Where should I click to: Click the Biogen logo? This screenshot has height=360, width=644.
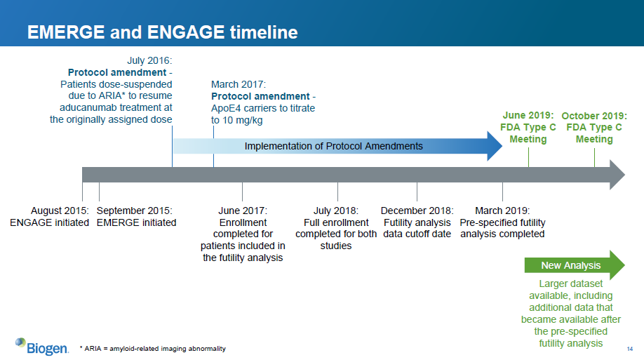click(x=42, y=347)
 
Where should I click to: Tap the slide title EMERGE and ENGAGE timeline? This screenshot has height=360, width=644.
click(x=163, y=32)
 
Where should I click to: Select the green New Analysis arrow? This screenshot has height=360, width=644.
click(x=575, y=265)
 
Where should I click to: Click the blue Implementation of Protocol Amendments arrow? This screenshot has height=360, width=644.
click(x=337, y=146)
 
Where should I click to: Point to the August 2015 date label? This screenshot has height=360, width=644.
click(x=60, y=211)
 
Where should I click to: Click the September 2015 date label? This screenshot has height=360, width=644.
click(x=135, y=211)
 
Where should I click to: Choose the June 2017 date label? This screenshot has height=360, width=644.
click(x=243, y=211)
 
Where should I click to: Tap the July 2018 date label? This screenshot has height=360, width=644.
click(x=336, y=211)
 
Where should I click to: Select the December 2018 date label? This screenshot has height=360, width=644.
click(x=417, y=211)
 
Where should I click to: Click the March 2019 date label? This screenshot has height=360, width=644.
click(x=502, y=211)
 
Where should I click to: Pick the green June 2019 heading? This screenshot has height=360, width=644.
click(x=528, y=116)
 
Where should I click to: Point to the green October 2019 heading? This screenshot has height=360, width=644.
click(x=594, y=116)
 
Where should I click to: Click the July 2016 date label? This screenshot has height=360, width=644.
click(x=149, y=60)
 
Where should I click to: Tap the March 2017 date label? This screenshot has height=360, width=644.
click(x=239, y=84)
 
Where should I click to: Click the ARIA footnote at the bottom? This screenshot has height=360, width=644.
click(x=153, y=349)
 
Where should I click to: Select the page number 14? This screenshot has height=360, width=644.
click(x=630, y=349)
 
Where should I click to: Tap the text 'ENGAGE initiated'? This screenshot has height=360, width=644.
click(x=49, y=222)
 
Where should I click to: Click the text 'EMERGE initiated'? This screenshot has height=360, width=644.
click(x=136, y=222)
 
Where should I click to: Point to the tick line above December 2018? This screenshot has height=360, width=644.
click(x=417, y=192)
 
